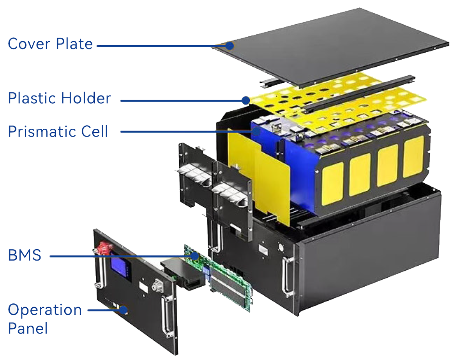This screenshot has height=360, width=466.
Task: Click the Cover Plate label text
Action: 50,44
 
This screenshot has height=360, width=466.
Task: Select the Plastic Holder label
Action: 60,98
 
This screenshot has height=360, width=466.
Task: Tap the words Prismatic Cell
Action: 58,131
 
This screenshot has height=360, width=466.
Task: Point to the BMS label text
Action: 25,255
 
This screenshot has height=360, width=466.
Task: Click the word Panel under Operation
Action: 28,328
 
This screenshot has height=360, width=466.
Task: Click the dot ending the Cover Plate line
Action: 229,46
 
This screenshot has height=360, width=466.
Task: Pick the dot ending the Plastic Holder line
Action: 246,100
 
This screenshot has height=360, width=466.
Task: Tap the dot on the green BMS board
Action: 195,256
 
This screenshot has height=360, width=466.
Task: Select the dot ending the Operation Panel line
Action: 123,310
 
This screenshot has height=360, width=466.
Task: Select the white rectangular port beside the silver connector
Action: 143,287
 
